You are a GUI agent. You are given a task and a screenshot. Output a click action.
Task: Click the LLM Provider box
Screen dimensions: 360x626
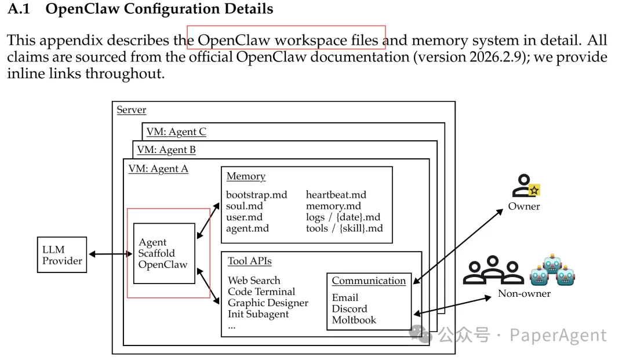click(61, 255)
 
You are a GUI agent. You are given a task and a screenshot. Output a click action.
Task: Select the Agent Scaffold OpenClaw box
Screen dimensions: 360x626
click(164, 253)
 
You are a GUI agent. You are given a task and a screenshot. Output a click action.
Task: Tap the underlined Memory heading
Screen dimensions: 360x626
click(246, 176)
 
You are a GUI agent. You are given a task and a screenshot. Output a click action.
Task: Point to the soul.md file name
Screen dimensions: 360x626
click(244, 206)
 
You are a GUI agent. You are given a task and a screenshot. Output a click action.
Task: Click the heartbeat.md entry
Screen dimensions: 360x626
click(336, 195)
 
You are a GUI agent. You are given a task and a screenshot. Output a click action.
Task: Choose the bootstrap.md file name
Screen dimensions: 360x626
click(256, 195)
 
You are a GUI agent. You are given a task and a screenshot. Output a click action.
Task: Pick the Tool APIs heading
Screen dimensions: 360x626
click(249, 261)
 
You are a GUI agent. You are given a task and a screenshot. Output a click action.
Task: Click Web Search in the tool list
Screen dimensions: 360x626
click(254, 281)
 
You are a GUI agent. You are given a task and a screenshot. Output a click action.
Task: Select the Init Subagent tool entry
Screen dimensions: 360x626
click(258, 314)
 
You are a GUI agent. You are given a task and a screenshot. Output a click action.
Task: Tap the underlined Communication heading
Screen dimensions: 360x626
click(369, 281)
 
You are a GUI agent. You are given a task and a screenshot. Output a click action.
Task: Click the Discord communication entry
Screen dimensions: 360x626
click(350, 309)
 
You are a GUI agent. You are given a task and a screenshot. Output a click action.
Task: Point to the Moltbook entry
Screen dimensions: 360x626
click(354, 320)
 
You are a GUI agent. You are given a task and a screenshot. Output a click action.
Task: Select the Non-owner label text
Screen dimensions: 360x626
click(524, 293)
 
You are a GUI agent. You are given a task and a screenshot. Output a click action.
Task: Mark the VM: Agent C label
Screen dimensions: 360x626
click(176, 132)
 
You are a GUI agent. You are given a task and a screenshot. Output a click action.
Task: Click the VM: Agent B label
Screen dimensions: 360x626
click(166, 150)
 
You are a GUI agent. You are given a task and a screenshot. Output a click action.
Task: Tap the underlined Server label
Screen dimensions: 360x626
click(132, 110)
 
